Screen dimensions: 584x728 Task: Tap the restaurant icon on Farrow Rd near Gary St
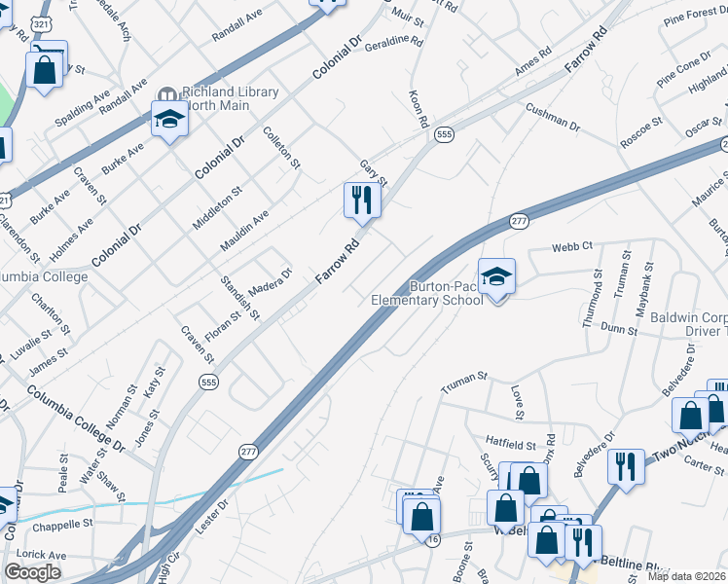[361, 201]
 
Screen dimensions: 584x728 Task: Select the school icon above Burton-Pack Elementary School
[496, 276]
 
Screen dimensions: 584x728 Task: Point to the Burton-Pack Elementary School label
[428, 293]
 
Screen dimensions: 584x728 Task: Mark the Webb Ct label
[572, 247]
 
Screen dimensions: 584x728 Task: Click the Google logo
[32, 572]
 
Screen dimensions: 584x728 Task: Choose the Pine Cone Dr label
[683, 70]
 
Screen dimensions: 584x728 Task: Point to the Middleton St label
[215, 207]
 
